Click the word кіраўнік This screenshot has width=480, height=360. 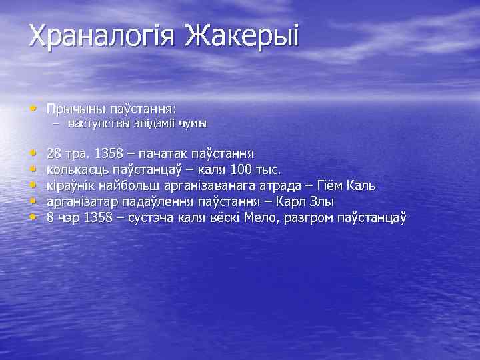point(72,185)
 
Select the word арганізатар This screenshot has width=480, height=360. point(83,201)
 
